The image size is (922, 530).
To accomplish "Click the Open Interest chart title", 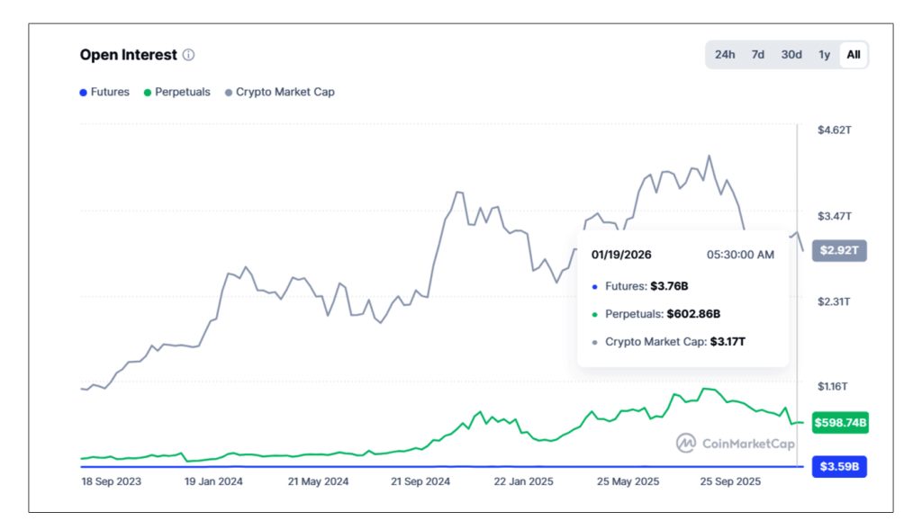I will click(128, 55).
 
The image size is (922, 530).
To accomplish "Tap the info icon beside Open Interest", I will click(188, 55).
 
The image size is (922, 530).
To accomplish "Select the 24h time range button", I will click(725, 55).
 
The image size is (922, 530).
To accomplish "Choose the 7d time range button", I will click(758, 55).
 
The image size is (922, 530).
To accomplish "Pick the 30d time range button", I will click(791, 55).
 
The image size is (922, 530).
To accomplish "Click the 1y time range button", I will click(824, 55).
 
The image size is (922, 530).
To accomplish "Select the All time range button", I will click(854, 55).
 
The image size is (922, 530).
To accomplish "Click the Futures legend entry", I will click(104, 92).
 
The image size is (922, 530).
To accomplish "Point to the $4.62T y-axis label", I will click(834, 130).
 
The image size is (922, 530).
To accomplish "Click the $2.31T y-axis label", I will click(834, 301).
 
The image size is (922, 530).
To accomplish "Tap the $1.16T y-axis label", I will click(834, 387).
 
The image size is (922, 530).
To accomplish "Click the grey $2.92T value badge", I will click(839, 251).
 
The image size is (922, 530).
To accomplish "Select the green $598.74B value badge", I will click(839, 422).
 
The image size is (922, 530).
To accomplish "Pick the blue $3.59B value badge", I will click(839, 467).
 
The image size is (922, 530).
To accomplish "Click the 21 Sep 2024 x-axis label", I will click(420, 482).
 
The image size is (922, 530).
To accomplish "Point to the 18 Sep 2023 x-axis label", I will click(111, 482).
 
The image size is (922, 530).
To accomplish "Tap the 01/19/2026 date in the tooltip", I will click(621, 255).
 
